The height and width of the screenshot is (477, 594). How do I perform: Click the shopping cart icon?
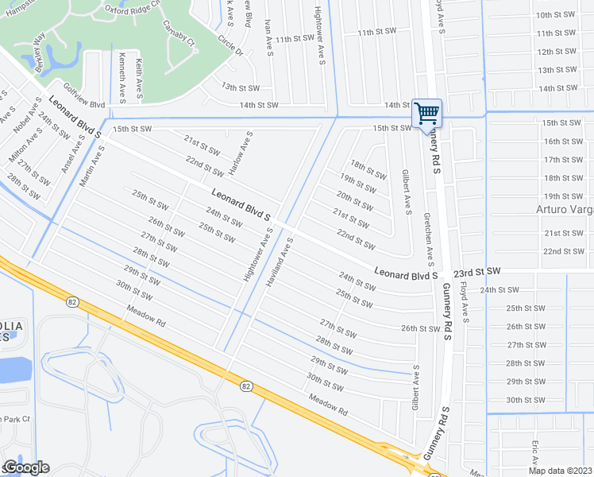point(426,113)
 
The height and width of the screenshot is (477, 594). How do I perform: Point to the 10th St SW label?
point(556,15)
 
